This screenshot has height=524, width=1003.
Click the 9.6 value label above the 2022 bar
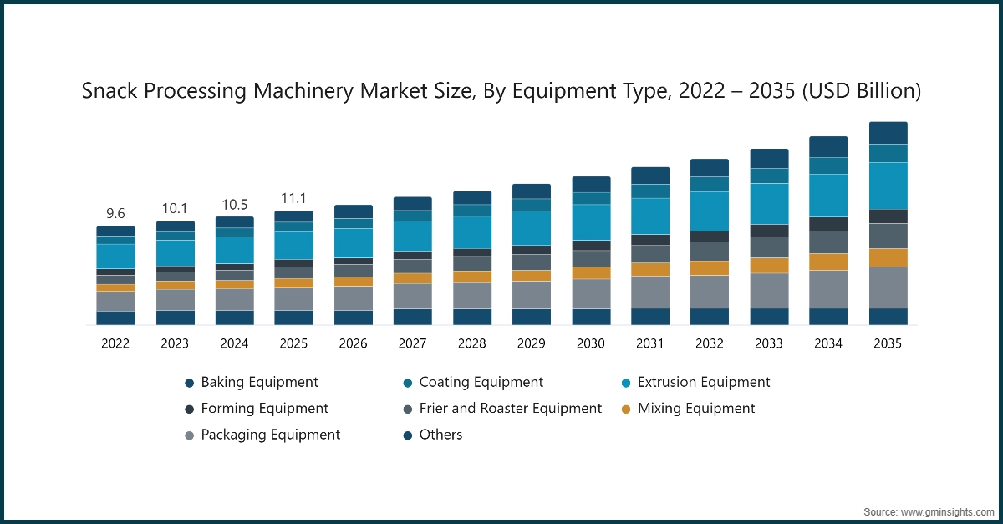pyautogui.click(x=115, y=212)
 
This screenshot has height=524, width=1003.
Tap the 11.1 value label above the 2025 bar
pyautogui.click(x=293, y=197)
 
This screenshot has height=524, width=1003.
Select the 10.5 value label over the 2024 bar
pyautogui.click(x=234, y=204)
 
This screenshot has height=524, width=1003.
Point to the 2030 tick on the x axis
pyautogui.click(x=591, y=343)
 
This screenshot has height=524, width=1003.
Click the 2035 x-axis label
pyautogui.click(x=888, y=343)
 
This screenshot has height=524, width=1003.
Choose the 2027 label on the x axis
pyautogui.click(x=413, y=343)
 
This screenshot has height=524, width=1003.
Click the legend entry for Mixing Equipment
pyautogui.click(x=695, y=409)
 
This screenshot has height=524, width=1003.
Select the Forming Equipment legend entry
pyautogui.click(x=264, y=409)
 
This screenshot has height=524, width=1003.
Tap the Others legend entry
pyautogui.click(x=440, y=435)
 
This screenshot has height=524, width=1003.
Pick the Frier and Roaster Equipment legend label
pyautogui.click(x=510, y=409)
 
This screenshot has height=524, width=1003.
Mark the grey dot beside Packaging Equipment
pyautogui.click(x=190, y=435)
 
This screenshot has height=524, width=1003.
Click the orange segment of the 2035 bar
pyautogui.click(x=888, y=257)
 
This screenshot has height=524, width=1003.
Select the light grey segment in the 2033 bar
pyautogui.click(x=769, y=290)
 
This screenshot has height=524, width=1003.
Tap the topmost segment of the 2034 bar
pyautogui.click(x=828, y=146)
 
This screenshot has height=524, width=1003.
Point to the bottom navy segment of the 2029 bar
pyautogui.click(x=532, y=317)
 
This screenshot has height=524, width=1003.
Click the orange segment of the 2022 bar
pyautogui.click(x=115, y=287)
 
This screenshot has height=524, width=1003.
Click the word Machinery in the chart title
pyautogui.click(x=305, y=91)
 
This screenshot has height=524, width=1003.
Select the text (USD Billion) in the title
pyautogui.click(x=861, y=91)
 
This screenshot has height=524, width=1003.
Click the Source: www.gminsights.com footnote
pyautogui.click(x=928, y=511)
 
